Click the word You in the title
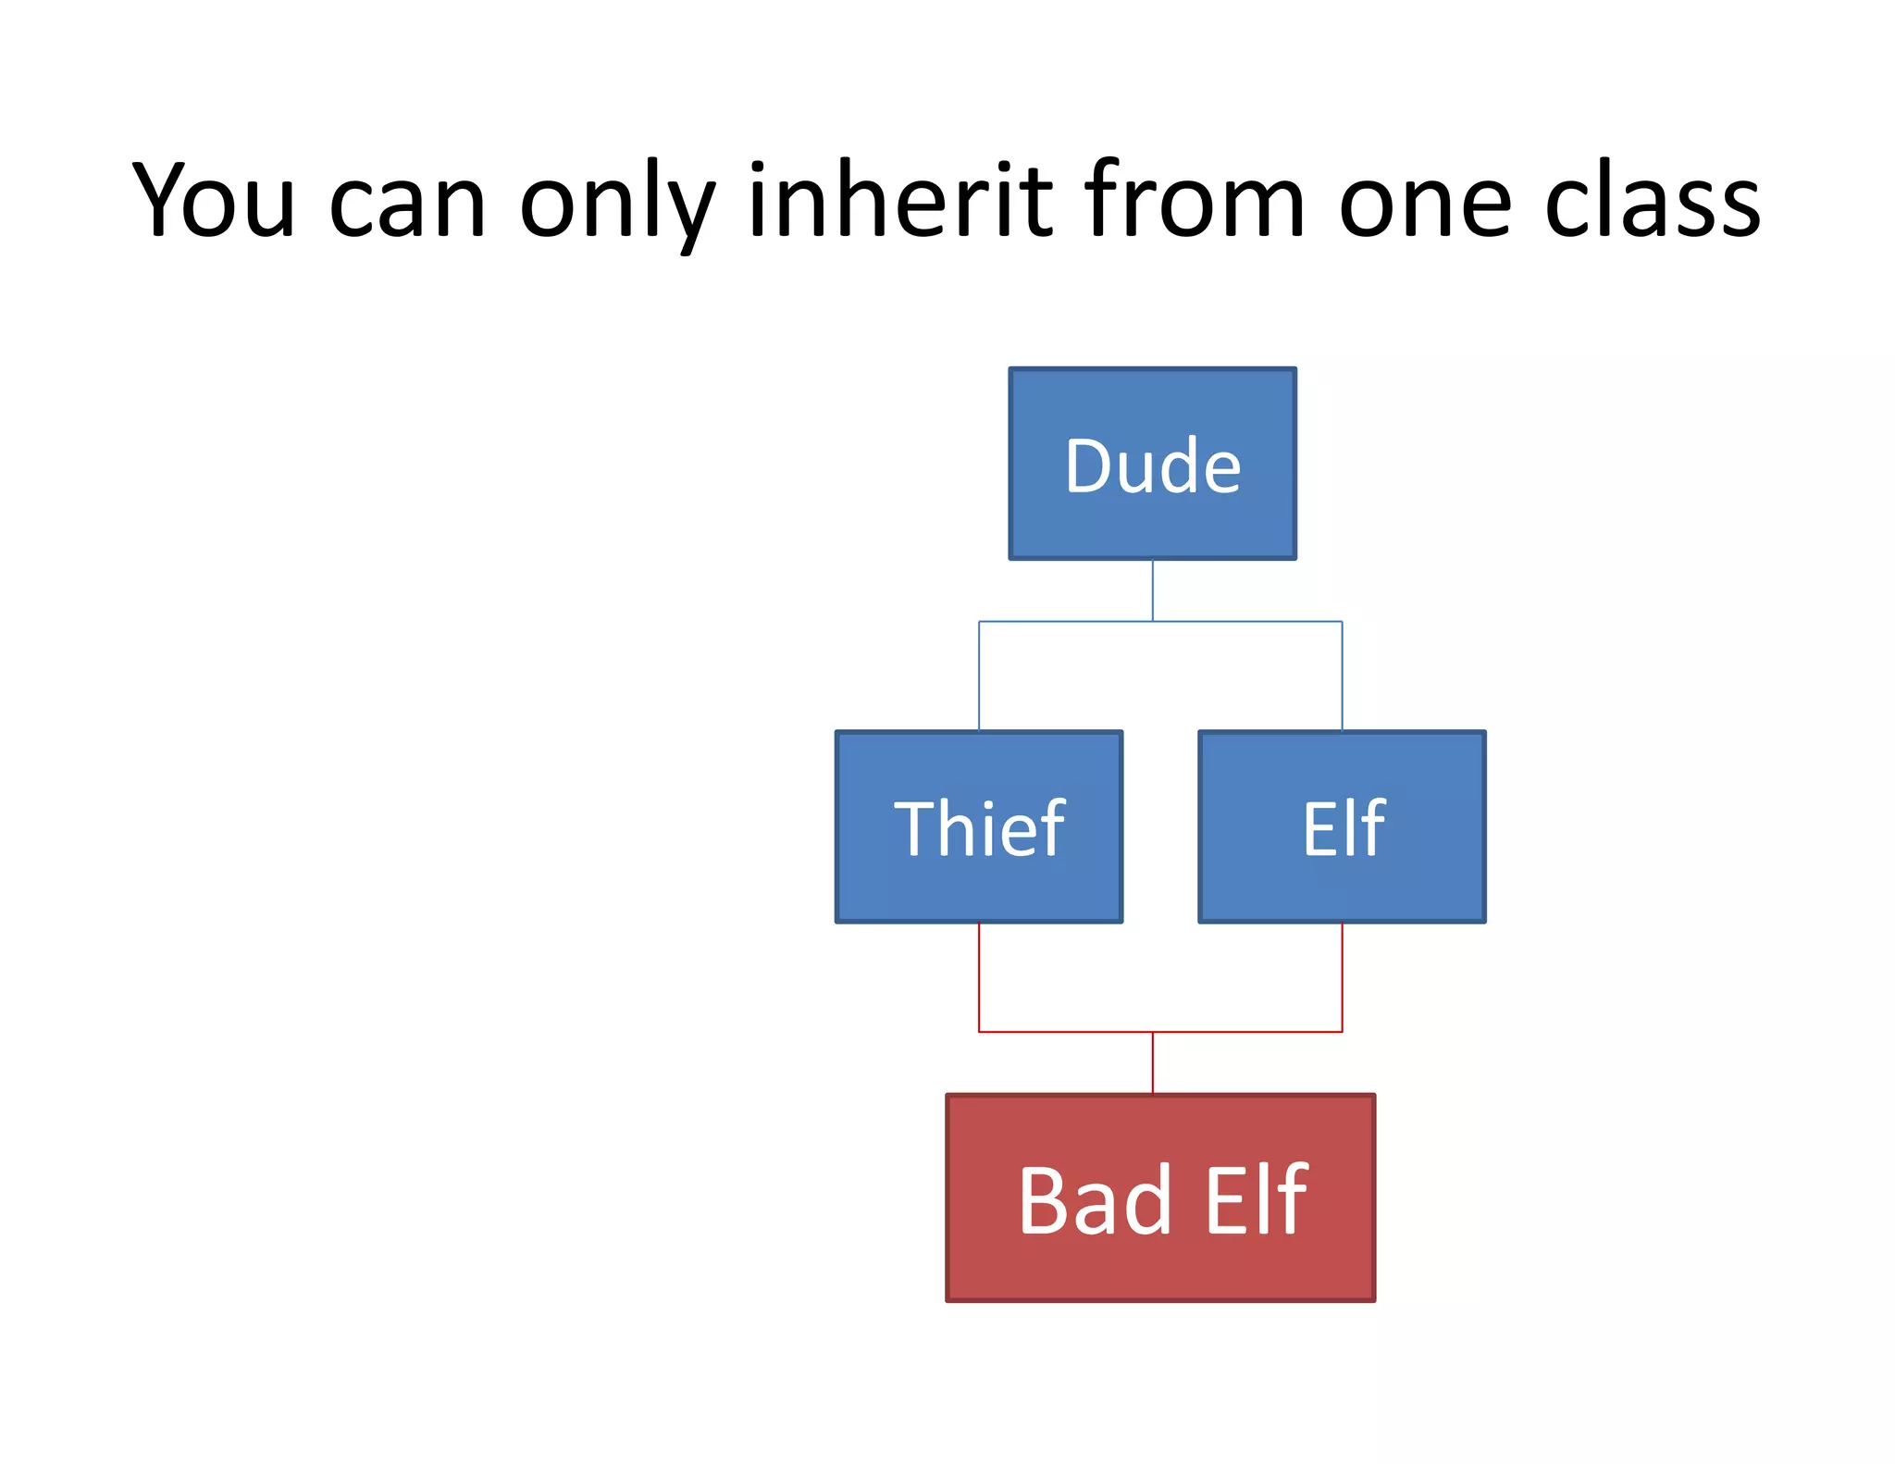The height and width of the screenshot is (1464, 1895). coord(215,201)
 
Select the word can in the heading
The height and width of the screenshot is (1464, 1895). coord(407,205)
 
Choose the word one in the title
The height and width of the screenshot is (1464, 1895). coord(1425,205)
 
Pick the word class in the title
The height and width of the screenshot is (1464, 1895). coord(1653,201)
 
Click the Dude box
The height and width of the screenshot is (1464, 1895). coord(1152,518)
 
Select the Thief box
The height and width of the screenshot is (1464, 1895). coord(978,888)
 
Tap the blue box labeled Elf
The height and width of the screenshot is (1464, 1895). coord(1342,888)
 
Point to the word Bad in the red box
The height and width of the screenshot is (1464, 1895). coord(1095,1200)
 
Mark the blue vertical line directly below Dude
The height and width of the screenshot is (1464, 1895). coord(1152,589)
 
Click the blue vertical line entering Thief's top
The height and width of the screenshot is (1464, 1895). coord(979,676)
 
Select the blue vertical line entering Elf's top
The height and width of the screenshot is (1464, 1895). coord(1342,676)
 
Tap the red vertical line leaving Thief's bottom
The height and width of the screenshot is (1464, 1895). coord(979,976)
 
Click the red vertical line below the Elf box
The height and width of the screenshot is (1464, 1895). coord(1342,976)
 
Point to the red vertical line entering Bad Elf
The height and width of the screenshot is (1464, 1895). coord(1152,1062)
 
